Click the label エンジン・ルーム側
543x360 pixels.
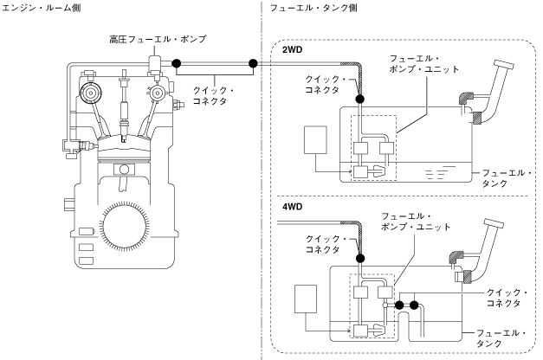tap(42, 8)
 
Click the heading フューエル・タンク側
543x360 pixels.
tap(314, 8)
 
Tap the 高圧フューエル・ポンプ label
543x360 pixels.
tap(158, 39)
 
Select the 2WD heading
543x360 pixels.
tap(292, 50)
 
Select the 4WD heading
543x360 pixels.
tap(292, 207)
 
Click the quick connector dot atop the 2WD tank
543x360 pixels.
tap(359, 100)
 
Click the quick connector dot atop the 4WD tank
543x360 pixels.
tap(360, 258)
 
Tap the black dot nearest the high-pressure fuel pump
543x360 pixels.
tap(177, 63)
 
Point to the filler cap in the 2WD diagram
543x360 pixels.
tap(504, 65)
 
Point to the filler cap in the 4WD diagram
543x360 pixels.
tap(495, 223)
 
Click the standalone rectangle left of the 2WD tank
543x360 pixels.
tap(315, 140)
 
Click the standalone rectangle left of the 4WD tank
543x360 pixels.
tap(306, 299)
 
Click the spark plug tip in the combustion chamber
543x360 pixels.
tap(124, 140)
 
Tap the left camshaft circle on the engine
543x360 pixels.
tap(91, 93)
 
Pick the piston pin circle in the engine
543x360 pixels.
tap(124, 170)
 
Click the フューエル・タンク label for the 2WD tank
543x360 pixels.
tap(507, 178)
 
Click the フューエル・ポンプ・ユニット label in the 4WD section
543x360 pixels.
tap(416, 222)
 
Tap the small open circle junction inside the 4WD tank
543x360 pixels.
tap(385, 305)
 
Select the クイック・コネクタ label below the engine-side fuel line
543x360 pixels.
tap(213, 96)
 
